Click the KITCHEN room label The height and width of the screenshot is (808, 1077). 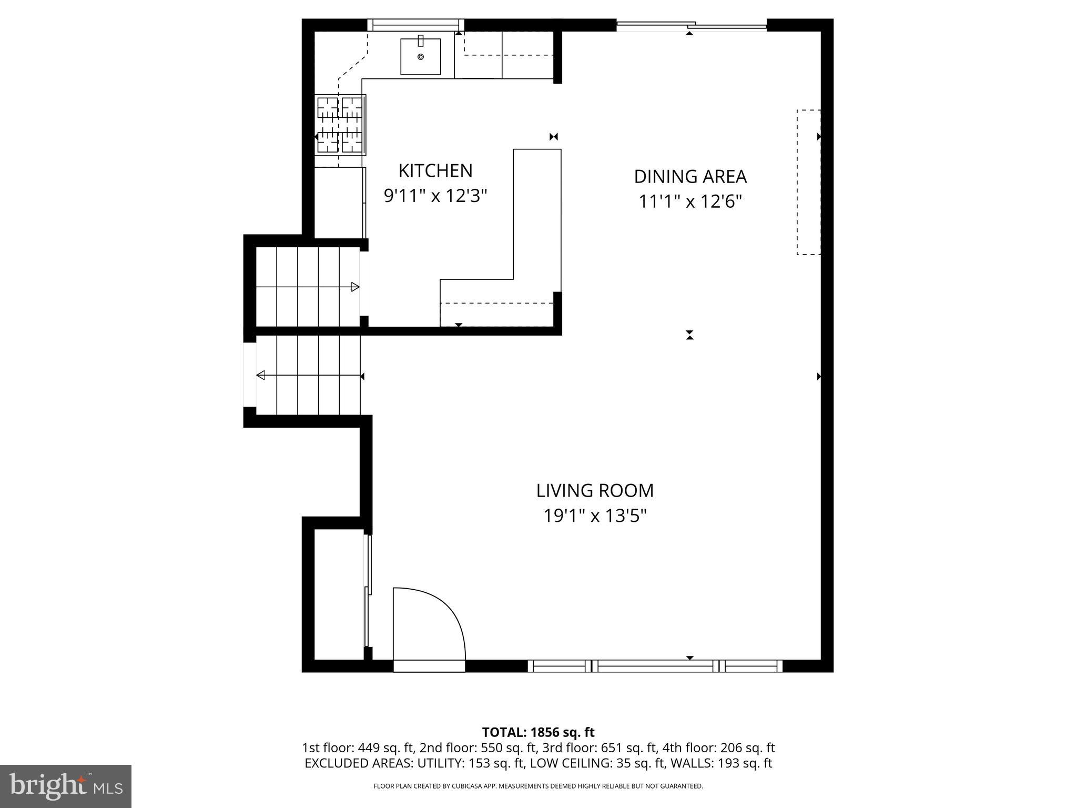(435, 170)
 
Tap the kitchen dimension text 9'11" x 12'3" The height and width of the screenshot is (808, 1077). (435, 196)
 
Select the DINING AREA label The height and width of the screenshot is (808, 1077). (690, 177)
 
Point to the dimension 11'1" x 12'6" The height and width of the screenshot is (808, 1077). (690, 201)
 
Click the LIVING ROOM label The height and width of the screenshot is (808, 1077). (595, 491)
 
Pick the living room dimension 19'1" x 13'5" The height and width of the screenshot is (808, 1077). (595, 516)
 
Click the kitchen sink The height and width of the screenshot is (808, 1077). (420, 56)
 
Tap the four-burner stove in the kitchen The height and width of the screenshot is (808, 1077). (341, 125)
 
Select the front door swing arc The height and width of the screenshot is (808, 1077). (429, 626)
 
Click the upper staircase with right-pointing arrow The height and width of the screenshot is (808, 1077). (308, 287)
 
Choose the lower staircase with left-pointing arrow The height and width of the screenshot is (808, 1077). (308, 376)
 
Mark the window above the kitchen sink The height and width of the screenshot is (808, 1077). (415, 25)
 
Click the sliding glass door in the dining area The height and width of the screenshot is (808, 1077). (691, 25)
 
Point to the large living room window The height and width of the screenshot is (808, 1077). (655, 666)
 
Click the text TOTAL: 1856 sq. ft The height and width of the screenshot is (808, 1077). (538, 732)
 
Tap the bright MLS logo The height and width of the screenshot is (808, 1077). (66, 786)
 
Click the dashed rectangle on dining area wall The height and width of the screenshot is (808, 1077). (808, 182)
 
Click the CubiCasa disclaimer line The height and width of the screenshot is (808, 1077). (538, 786)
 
